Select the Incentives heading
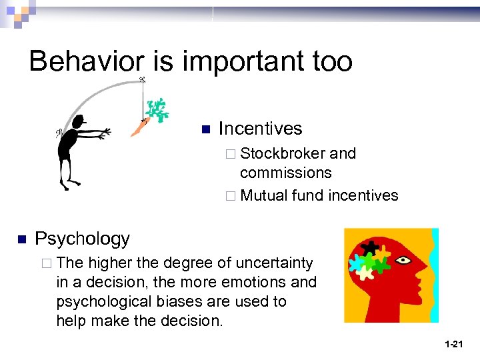pos(260,129)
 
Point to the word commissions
pos(285,173)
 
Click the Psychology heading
pos(82,239)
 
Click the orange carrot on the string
pos(139,127)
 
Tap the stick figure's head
pos(79,122)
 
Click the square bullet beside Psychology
pos(22,239)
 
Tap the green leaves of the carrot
pos(157,109)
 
